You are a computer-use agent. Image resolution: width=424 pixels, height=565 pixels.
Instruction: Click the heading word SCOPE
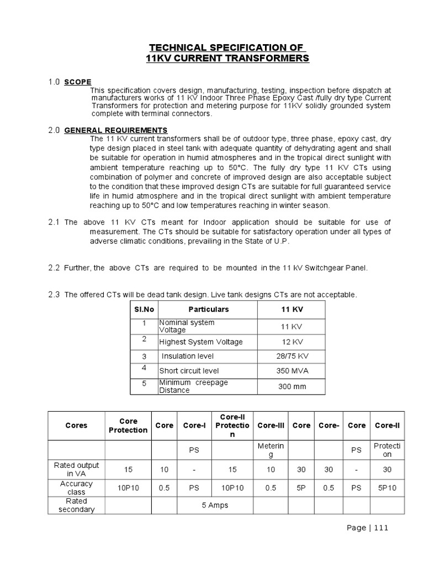78,82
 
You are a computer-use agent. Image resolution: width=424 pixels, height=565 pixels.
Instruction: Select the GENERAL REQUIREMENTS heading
116,130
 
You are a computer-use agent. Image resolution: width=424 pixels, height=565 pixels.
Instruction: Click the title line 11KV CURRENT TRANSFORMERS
227,58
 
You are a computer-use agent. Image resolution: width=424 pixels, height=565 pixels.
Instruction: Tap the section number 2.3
54,295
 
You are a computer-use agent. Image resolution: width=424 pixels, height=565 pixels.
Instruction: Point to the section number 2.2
54,268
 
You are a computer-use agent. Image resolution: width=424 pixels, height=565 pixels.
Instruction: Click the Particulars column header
208,310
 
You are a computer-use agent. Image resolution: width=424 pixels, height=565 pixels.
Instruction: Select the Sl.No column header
144,310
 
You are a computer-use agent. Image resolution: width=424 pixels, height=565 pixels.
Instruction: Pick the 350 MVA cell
291,371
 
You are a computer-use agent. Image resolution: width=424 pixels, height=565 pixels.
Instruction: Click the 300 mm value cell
291,386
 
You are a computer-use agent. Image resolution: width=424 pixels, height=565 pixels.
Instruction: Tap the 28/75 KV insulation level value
292,356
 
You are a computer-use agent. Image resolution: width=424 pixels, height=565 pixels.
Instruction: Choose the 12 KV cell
292,342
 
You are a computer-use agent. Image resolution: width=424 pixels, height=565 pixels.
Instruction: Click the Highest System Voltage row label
201,342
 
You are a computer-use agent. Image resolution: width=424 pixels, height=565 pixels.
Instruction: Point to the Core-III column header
271,425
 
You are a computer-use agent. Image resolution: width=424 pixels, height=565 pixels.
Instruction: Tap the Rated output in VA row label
76,469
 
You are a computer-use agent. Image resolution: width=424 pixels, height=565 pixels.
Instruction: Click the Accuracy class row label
76,488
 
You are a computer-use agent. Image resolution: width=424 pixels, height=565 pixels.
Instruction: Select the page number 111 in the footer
381,527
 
